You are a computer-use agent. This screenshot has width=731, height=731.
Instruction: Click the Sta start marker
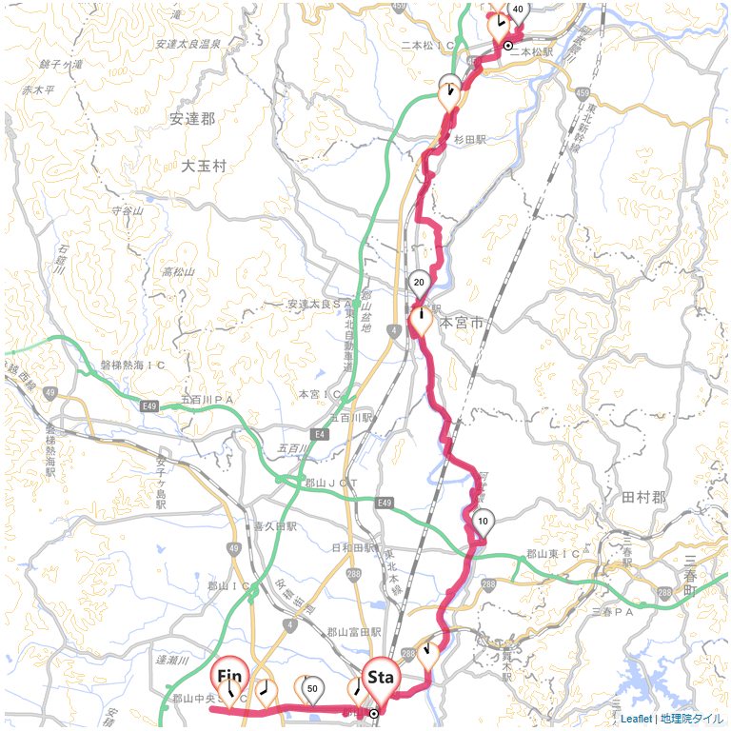(381, 679)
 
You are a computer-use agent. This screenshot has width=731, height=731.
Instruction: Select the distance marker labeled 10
(484, 522)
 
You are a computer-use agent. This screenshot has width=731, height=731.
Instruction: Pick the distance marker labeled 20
(419, 282)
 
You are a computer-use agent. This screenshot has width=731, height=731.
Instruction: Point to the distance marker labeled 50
(311, 688)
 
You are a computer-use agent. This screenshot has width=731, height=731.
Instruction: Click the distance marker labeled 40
(517, 10)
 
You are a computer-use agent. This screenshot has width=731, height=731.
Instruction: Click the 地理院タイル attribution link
(691, 719)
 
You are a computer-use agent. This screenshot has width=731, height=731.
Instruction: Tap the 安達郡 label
(192, 119)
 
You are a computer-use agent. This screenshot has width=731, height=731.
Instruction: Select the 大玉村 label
(205, 166)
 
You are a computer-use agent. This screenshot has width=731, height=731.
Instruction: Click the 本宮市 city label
(462, 324)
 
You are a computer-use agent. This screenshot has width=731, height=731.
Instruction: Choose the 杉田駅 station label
(469, 139)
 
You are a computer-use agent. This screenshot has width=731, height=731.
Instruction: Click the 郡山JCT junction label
(330, 484)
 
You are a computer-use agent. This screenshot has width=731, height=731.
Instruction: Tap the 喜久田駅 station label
(276, 525)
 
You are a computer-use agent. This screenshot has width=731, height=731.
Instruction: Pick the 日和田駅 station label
(352, 548)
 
